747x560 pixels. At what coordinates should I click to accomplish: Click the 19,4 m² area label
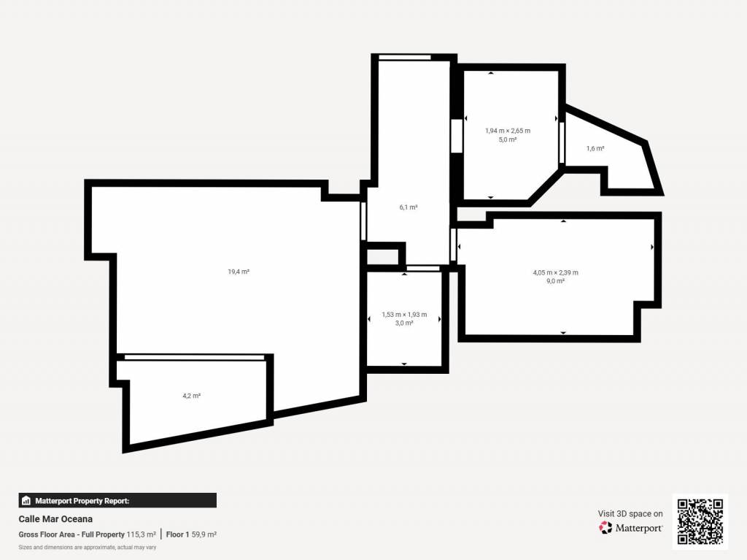(239, 272)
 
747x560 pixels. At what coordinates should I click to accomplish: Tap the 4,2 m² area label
(192, 396)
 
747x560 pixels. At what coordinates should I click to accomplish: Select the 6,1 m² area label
(409, 207)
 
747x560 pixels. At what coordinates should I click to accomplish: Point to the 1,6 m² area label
(595, 148)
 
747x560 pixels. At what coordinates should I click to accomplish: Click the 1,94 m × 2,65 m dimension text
(508, 131)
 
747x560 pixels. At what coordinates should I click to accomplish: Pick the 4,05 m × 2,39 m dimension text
(555, 272)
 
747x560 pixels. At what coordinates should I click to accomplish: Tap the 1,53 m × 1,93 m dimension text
(404, 315)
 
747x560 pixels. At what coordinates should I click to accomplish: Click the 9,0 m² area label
(555, 281)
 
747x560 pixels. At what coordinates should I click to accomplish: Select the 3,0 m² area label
(404, 323)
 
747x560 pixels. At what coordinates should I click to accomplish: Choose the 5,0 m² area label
(508, 139)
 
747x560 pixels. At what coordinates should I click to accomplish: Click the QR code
(700, 521)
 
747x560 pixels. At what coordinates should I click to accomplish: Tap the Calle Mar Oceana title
(55, 519)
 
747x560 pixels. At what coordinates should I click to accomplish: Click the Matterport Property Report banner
(117, 500)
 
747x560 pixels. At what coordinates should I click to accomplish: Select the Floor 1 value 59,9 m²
(204, 534)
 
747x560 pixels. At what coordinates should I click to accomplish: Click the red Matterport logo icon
(605, 528)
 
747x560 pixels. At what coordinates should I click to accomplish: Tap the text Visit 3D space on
(630, 514)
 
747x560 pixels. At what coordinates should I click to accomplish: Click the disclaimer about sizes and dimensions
(88, 547)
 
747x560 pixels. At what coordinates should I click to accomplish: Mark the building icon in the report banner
(26, 501)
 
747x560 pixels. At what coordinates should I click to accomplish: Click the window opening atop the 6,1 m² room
(404, 58)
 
